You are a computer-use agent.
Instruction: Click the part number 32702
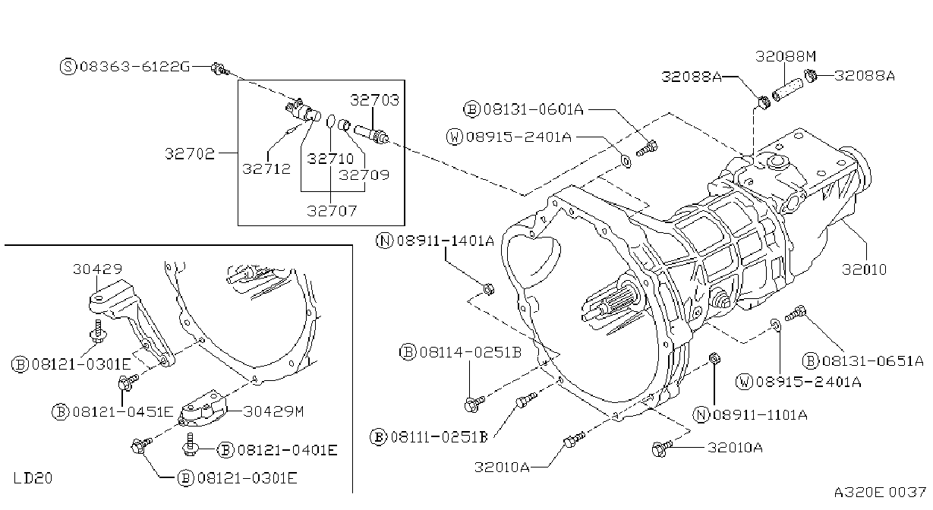pyautogui.click(x=190, y=153)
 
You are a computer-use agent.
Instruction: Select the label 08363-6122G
pyautogui.click(x=135, y=66)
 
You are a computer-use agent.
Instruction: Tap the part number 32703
pyautogui.click(x=374, y=100)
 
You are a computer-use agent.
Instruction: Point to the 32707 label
pyautogui.click(x=332, y=211)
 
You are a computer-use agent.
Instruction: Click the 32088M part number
pyautogui.click(x=786, y=56)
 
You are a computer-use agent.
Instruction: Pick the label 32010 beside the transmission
pyautogui.click(x=864, y=269)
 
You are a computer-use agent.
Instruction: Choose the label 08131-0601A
pyautogui.click(x=534, y=109)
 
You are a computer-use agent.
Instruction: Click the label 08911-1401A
pyautogui.click(x=446, y=241)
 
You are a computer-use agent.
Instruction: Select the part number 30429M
pyautogui.click(x=273, y=411)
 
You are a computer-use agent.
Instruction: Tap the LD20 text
pyautogui.click(x=33, y=478)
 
